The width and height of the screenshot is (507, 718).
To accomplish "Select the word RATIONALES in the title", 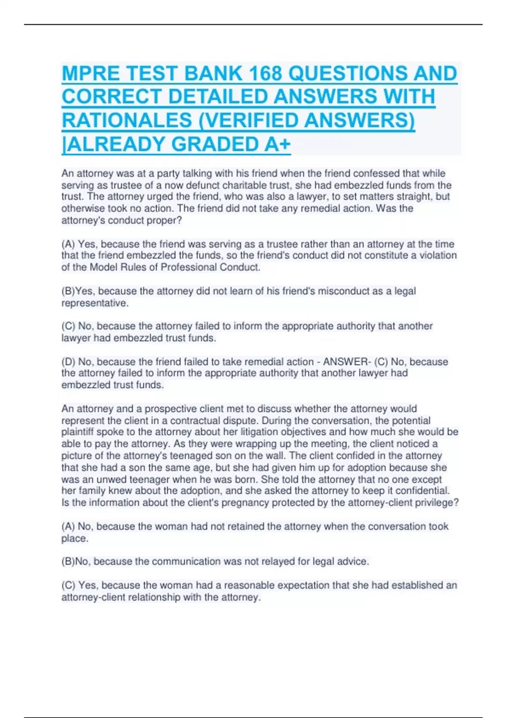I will pyautogui.click(x=127, y=120).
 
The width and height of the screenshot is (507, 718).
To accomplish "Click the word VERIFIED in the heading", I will pyautogui.click(x=251, y=120).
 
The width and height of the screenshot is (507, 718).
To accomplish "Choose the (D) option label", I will pyautogui.click(x=68, y=362).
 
